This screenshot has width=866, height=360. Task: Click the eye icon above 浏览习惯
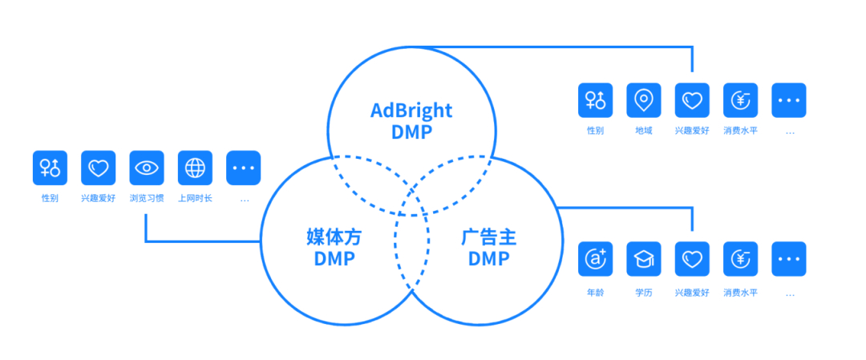pyautogui.click(x=147, y=168)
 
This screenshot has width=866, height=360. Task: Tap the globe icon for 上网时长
pyautogui.click(x=195, y=168)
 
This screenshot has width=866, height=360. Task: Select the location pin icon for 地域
pyautogui.click(x=643, y=100)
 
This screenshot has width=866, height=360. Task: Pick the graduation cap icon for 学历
pyautogui.click(x=643, y=259)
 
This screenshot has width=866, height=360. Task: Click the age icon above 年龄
pyautogui.click(x=595, y=259)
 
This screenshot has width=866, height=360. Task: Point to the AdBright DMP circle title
pyautogui.click(x=411, y=121)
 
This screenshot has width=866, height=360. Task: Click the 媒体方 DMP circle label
pyautogui.click(x=334, y=248)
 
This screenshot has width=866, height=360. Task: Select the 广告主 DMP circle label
pyautogui.click(x=489, y=248)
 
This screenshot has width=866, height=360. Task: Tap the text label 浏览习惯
pyautogui.click(x=147, y=198)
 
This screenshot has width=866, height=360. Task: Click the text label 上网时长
pyautogui.click(x=195, y=198)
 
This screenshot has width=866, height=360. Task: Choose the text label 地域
pyautogui.click(x=643, y=131)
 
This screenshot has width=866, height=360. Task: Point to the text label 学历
pyautogui.click(x=643, y=293)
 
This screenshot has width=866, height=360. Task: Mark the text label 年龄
pyautogui.click(x=595, y=293)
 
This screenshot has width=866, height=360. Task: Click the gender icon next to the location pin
pyautogui.click(x=595, y=100)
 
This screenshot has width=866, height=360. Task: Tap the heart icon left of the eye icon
pyautogui.click(x=99, y=168)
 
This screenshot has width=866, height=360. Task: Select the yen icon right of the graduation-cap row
pyautogui.click(x=741, y=259)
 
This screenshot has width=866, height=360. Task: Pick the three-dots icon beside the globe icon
pyautogui.click(x=244, y=168)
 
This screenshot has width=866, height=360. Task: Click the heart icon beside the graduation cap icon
pyautogui.click(x=692, y=259)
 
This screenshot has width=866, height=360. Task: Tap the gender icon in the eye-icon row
pyautogui.click(x=50, y=168)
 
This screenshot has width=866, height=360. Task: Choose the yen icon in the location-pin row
pyautogui.click(x=741, y=100)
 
